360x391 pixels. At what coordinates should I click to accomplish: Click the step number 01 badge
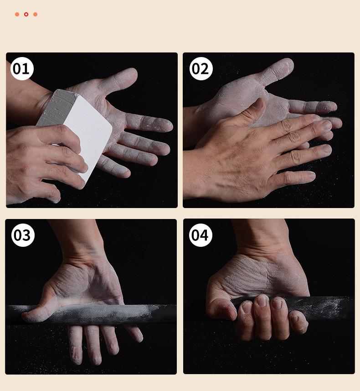coord(22,68)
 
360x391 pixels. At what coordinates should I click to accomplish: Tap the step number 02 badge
coord(201,68)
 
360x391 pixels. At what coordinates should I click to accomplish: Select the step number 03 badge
coord(23,235)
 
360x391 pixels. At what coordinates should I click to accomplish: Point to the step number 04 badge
coord(201,235)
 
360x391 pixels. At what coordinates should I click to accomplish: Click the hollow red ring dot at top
coord(26,14)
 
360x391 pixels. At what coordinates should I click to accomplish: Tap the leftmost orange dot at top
coord(17,14)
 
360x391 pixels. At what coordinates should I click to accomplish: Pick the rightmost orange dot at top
coord(36,14)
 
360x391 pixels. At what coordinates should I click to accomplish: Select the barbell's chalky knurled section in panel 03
coord(100,315)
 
